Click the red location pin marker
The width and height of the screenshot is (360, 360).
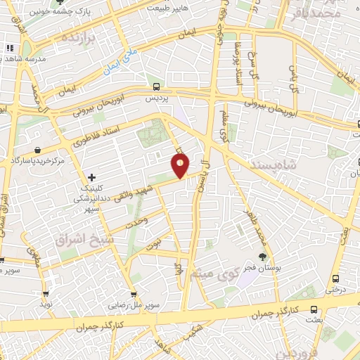coord(181,166)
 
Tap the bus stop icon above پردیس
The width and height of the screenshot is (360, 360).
coord(156,86)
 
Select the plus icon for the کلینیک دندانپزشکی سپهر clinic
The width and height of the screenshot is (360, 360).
coord(91,176)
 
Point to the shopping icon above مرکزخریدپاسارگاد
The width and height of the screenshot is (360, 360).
coord(36,150)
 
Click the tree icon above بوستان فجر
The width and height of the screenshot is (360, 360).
coord(263,257)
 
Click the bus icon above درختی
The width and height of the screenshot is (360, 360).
coord(335,278)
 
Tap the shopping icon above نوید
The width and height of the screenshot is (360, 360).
coord(46,294)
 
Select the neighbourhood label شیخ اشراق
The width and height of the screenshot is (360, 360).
coord(79,239)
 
